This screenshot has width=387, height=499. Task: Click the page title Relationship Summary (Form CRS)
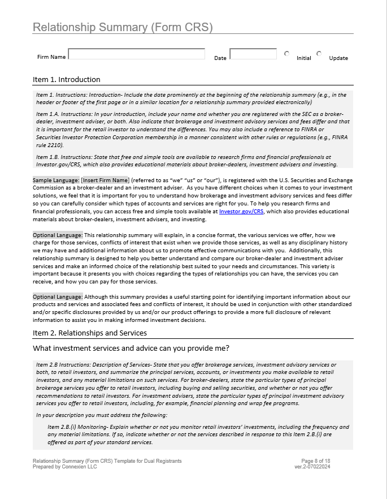[x=123, y=27]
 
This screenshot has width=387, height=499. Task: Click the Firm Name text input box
[x=136, y=54]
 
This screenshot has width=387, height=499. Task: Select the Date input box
[x=253, y=54]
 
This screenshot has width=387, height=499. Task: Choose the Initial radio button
[x=287, y=54]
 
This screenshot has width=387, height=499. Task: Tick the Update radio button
[x=319, y=54]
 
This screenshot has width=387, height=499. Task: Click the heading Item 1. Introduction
[x=66, y=79]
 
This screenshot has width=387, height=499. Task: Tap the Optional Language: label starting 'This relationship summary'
[x=58, y=235]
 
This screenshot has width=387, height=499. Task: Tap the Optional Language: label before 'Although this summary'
[x=58, y=296]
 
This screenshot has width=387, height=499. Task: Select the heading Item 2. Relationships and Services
[x=89, y=333]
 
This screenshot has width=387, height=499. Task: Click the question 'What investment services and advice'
[x=131, y=347]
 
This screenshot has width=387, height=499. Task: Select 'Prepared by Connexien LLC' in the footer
[x=64, y=467]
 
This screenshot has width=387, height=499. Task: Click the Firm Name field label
[x=51, y=57]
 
